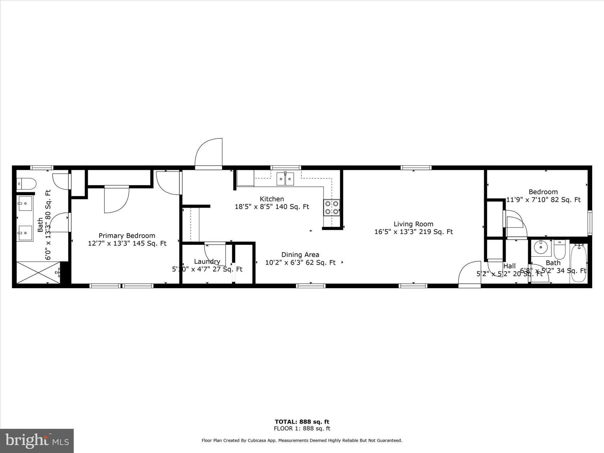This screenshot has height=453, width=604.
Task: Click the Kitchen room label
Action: [x=272, y=199]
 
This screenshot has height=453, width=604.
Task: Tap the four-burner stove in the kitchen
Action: [x=331, y=207]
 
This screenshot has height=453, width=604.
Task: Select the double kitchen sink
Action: [x=285, y=179]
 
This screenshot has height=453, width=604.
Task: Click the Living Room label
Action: [x=413, y=224]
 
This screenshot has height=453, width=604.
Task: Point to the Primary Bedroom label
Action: [x=127, y=236]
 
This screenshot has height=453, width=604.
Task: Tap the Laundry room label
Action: [x=207, y=262]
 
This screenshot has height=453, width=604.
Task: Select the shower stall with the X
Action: [x=38, y=273]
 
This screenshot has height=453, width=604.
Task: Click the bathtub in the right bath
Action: [x=578, y=263]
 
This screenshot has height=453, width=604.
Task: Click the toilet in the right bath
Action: [x=559, y=250]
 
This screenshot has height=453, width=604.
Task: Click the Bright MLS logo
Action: [x=37, y=441]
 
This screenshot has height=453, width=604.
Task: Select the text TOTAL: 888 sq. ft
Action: [x=302, y=422]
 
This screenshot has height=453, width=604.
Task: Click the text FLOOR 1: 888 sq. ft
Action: [x=302, y=429]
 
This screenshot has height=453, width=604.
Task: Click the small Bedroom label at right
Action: [x=543, y=192]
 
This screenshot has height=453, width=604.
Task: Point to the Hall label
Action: [x=509, y=266]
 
